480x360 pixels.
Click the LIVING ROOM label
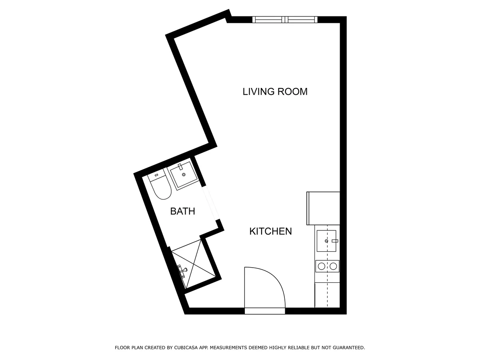(275, 92)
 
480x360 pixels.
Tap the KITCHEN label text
(270, 231)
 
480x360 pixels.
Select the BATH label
(182, 211)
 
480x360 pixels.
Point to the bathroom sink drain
(184, 174)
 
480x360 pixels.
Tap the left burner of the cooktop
(321, 266)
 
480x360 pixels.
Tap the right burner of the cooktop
(333, 266)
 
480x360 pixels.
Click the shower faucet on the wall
(183, 270)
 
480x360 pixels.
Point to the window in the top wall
(284, 19)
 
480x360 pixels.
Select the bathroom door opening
(210, 203)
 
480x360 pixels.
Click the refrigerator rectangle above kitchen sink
(323, 208)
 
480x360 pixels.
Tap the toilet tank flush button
(156, 175)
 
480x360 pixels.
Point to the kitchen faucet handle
(335, 241)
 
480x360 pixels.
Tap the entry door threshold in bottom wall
(264, 311)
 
